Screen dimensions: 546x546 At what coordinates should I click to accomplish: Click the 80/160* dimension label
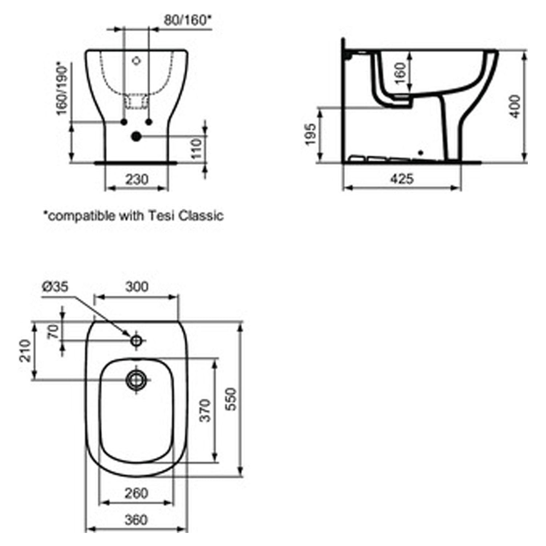click(x=187, y=20)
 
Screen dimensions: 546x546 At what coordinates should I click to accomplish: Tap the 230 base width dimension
click(x=137, y=179)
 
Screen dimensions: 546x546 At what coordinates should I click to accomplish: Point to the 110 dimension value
click(x=197, y=148)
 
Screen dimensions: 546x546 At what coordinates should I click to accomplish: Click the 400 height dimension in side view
click(x=515, y=106)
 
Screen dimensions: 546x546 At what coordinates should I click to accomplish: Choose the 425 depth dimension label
click(x=402, y=179)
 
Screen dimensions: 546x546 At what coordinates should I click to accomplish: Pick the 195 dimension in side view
click(x=310, y=134)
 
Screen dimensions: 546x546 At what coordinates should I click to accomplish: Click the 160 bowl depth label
click(x=400, y=73)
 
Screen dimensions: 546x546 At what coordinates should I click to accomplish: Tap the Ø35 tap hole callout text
click(x=55, y=286)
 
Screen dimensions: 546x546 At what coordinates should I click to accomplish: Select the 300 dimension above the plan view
click(x=137, y=287)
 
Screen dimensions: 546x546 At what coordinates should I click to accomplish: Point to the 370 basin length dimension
click(x=206, y=410)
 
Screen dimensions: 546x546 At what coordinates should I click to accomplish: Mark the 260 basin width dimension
click(x=136, y=493)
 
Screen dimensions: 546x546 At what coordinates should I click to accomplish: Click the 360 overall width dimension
click(x=136, y=520)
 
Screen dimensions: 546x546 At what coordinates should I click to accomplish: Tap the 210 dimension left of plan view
click(x=25, y=351)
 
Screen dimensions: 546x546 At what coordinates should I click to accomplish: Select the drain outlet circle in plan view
click(x=136, y=380)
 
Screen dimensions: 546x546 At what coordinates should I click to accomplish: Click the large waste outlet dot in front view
click(x=136, y=136)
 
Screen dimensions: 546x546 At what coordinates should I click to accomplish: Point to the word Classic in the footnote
click(x=201, y=215)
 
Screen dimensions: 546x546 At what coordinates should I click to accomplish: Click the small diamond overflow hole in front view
click(x=136, y=61)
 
